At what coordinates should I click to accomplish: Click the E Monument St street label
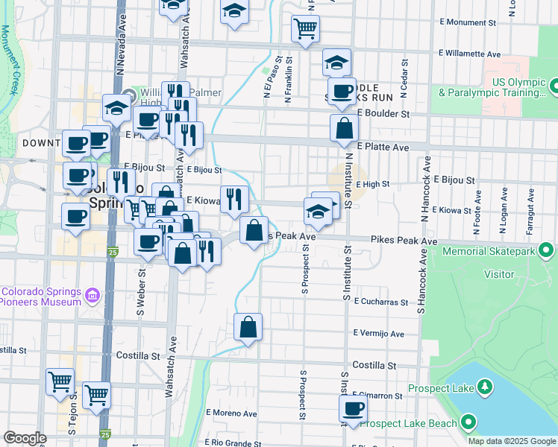474,22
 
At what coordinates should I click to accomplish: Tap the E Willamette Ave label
470,54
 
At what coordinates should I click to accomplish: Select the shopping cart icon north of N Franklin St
305,30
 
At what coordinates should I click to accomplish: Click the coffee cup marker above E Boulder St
342,92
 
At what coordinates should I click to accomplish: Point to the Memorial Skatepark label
489,252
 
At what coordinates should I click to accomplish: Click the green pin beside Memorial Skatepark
546,250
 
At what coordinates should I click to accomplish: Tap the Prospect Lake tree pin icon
485,387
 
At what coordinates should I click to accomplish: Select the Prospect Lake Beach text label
408,424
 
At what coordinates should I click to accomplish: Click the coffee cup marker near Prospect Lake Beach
353,409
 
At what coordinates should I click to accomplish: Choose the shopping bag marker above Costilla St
248,327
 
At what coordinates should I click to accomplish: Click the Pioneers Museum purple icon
93,296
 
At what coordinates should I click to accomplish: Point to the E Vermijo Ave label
379,333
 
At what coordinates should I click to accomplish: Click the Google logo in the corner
25,438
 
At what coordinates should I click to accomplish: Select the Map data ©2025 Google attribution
512,441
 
